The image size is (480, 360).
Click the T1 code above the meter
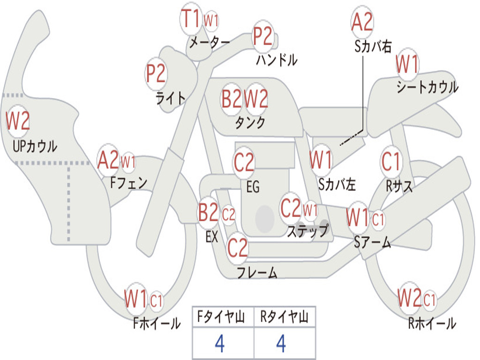tap(191, 18)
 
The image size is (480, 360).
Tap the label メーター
tap(210, 42)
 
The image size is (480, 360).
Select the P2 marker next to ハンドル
tap(262, 36)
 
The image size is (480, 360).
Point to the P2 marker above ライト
tap(156, 74)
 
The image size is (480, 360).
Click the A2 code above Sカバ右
tap(362, 22)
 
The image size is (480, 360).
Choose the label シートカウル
tap(427, 87)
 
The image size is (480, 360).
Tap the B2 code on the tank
tap(232, 98)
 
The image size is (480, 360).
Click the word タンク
tap(250, 122)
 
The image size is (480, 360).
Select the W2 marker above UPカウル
tap(18, 121)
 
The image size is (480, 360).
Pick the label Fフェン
tap(129, 183)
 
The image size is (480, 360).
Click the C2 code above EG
tap(244, 162)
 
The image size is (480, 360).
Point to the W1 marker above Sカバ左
tap(321, 160)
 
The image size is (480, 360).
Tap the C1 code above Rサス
tap(391, 161)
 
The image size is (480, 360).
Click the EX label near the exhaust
tap(212, 237)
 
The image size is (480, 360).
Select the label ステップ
tap(308, 231)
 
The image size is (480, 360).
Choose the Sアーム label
tap(373, 242)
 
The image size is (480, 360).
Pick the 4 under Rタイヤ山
tap(281, 344)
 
